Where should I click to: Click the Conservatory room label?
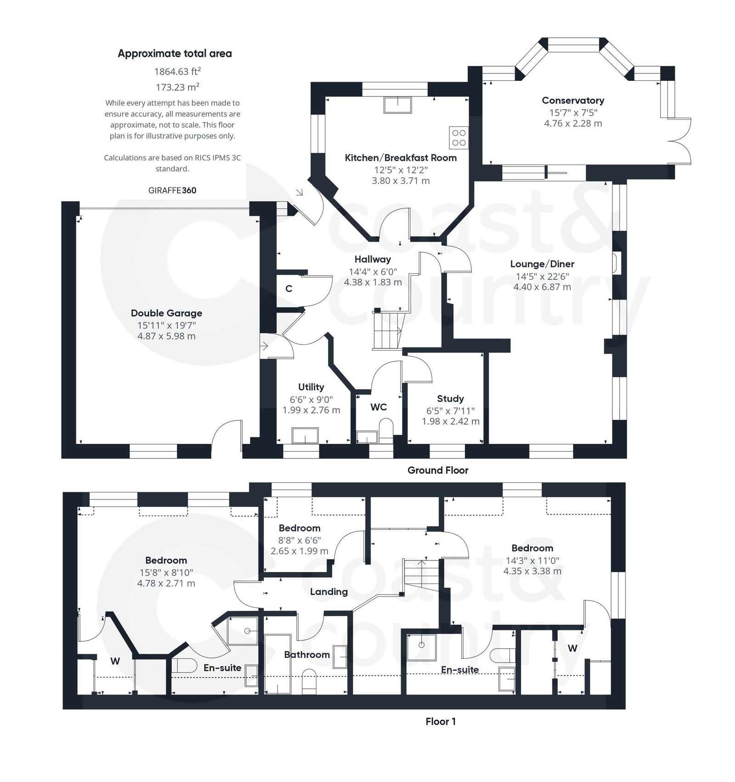[572, 100]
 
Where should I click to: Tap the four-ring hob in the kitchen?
[458, 137]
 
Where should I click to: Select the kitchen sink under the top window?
[398, 105]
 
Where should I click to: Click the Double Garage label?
[166, 313]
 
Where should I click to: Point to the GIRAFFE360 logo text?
[172, 190]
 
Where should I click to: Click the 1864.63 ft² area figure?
[177, 72]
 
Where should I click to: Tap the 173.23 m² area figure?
[177, 87]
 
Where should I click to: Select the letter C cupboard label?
[288, 289]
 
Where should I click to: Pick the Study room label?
[450, 398]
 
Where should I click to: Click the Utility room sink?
[305, 435]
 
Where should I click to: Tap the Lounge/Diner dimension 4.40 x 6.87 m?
[542, 287]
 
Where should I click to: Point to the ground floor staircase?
[387, 330]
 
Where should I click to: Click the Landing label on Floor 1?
[328, 591]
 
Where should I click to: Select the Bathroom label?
[307, 654]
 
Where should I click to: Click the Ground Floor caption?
[438, 470]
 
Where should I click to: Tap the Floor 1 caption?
[441, 721]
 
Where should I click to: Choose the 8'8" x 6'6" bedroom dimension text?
[300, 540]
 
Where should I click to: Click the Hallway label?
[372, 259]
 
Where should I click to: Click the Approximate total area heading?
[175, 53]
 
